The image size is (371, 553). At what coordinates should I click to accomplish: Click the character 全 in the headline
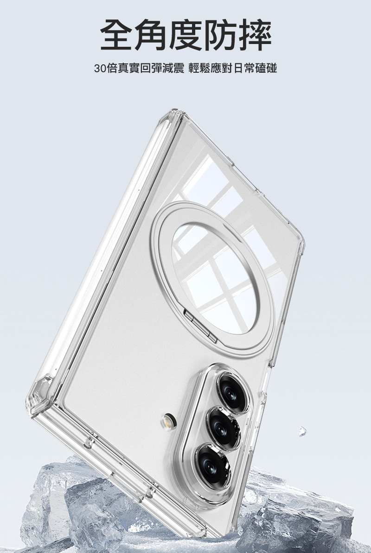click(116, 35)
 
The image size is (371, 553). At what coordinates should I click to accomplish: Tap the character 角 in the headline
click(151, 35)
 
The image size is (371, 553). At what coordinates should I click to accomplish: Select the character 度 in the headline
click(185, 35)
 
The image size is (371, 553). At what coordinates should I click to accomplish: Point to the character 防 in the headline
click(220, 35)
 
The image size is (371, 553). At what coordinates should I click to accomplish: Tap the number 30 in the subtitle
click(100, 68)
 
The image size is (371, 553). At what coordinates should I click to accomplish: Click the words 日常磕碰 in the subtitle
click(255, 68)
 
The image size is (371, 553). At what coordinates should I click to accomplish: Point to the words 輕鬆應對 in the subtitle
click(211, 68)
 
